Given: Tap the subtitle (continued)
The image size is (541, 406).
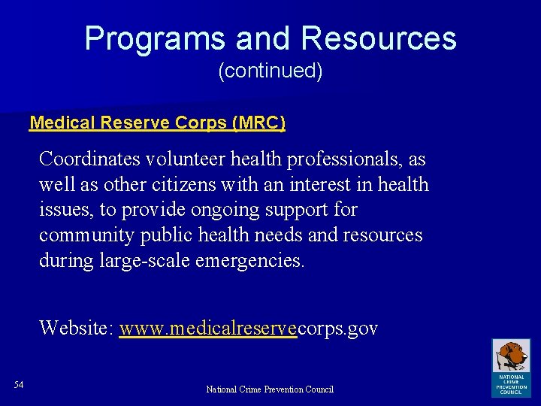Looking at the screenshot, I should (270, 71).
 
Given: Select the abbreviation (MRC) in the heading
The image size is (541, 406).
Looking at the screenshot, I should (259, 123).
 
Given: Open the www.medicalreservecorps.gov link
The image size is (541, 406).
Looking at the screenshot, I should (248, 329).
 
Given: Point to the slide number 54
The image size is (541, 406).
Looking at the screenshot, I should (19, 385).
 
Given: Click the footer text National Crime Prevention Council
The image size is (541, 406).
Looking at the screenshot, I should (270, 389).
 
